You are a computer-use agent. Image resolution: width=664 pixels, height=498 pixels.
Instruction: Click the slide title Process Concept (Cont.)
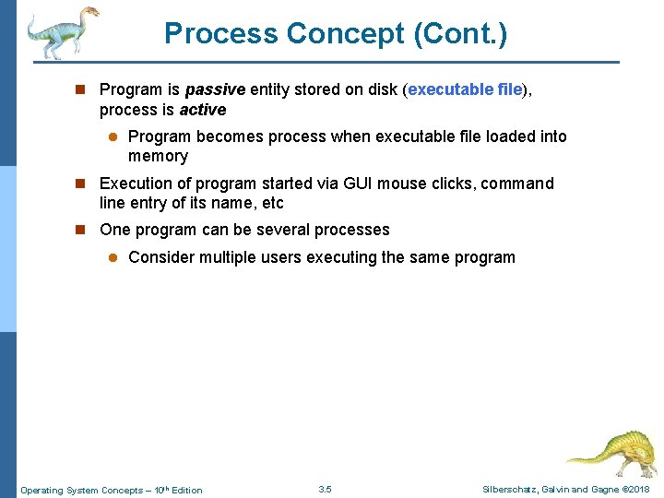[335, 34]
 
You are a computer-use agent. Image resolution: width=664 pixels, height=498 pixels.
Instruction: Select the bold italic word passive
[215, 89]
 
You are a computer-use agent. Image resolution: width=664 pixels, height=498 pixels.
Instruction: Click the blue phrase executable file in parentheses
[465, 89]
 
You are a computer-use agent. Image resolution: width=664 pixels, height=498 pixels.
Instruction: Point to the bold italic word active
[202, 110]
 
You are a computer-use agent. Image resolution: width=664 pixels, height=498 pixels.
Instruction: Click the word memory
[158, 156]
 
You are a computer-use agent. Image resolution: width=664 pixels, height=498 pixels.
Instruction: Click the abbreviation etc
[273, 203]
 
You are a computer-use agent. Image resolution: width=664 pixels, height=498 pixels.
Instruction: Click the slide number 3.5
[325, 490]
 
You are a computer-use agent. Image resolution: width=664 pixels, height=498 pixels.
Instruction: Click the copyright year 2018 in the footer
[638, 490]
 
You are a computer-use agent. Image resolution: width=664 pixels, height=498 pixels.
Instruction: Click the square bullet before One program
[80, 230]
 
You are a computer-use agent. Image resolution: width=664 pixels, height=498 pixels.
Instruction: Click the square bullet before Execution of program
[80, 183]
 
